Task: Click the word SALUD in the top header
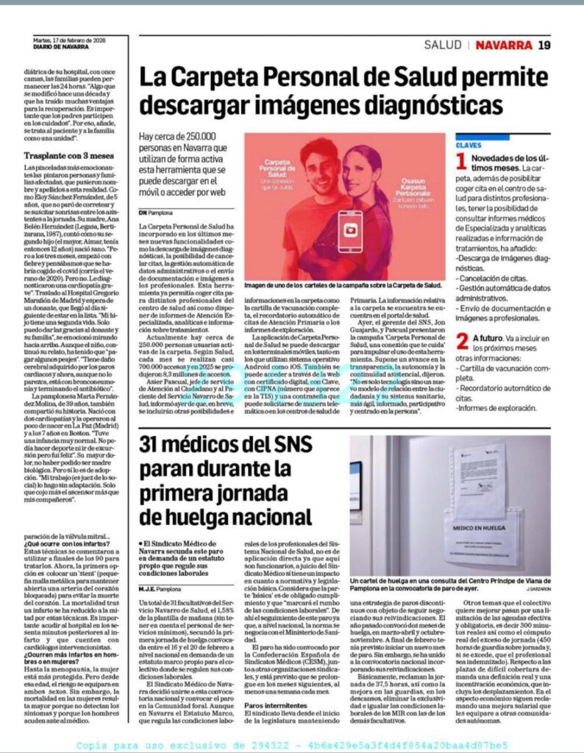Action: pyautogui.click(x=443, y=45)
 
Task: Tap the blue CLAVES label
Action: pyautogui.click(x=468, y=146)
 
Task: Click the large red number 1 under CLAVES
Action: pyautogui.click(x=461, y=161)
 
